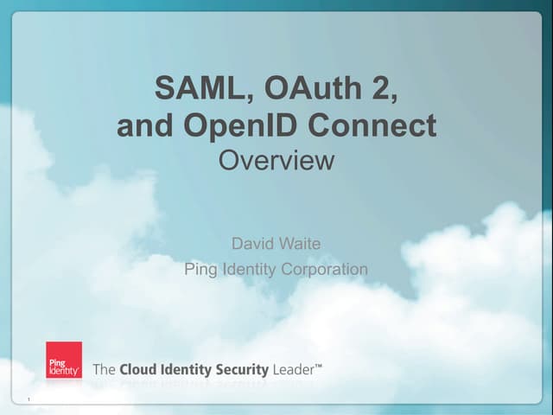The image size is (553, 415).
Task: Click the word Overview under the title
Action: tap(276, 160)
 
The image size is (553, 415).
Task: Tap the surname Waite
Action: tap(300, 244)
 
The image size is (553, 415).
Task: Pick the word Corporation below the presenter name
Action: tap(326, 269)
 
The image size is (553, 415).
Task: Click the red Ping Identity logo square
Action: tap(64, 361)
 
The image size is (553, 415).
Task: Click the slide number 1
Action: tap(29, 399)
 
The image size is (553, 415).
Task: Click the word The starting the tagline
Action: tap(103, 369)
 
